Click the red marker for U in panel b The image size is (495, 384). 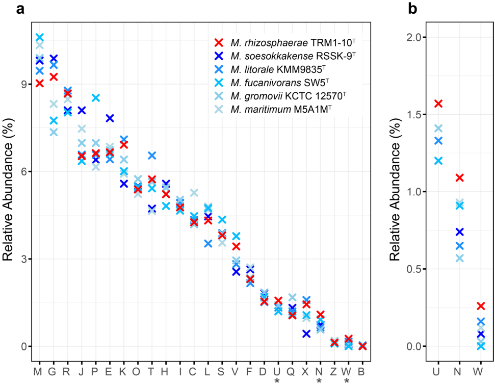[438, 104]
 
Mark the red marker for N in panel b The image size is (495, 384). [459, 177]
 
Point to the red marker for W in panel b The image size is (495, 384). [480, 306]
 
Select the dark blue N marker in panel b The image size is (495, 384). [459, 232]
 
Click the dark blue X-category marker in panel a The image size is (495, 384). [306, 334]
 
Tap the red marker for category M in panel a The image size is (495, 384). [39, 84]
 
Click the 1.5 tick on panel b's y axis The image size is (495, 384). [413, 114]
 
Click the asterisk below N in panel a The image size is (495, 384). [320, 381]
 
